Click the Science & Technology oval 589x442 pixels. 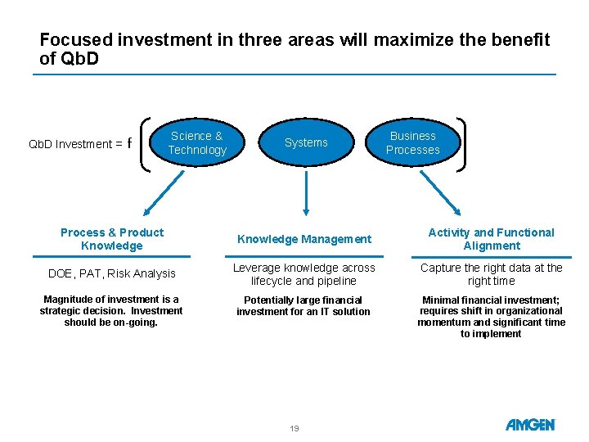[x=197, y=142]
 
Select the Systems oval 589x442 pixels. [x=306, y=142]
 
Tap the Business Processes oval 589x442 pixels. [x=413, y=142]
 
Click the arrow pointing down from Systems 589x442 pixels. [x=306, y=193]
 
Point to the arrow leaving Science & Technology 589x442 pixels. [x=164, y=193]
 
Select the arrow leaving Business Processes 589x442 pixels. [x=440, y=193]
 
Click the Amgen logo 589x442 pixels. [x=530, y=425]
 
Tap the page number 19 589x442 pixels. [x=294, y=428]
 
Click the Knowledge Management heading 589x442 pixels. [x=304, y=239]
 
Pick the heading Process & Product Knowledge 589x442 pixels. [x=112, y=239]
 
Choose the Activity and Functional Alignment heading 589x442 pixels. [x=492, y=239]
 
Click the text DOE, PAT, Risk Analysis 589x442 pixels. [x=112, y=273]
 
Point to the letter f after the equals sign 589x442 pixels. [x=129, y=142]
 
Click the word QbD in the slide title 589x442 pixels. [x=79, y=58]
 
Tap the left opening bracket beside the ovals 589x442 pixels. [x=145, y=145]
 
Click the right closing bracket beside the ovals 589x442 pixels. [x=461, y=145]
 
